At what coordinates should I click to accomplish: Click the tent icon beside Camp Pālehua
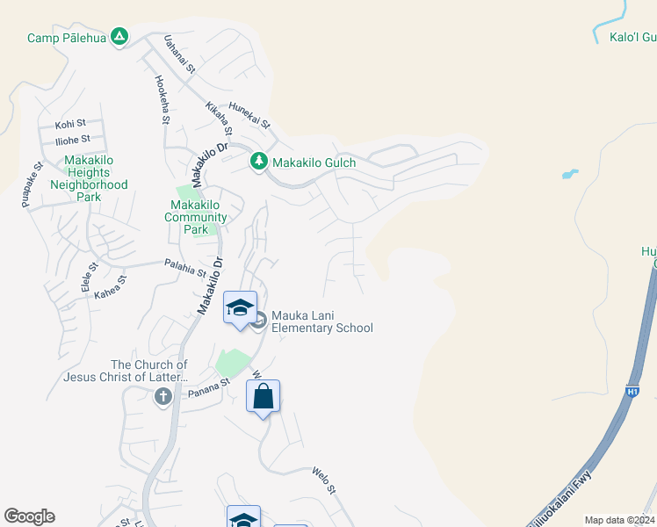point(120,37)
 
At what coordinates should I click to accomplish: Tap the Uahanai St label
point(179,54)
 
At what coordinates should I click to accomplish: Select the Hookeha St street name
point(162,99)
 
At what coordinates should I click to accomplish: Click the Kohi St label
point(70,125)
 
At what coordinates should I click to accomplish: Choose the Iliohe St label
point(72,139)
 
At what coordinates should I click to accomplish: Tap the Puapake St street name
point(32,184)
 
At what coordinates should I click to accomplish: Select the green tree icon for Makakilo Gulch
point(258,162)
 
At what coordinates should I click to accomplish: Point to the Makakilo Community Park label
point(198,217)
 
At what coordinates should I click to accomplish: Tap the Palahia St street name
point(184,263)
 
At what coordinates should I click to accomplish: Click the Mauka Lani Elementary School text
point(321,322)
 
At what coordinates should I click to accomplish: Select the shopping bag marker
point(264,397)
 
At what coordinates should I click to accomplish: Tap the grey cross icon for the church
point(162,397)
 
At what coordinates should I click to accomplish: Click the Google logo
point(29,516)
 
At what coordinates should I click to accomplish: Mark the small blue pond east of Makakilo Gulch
point(570,174)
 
